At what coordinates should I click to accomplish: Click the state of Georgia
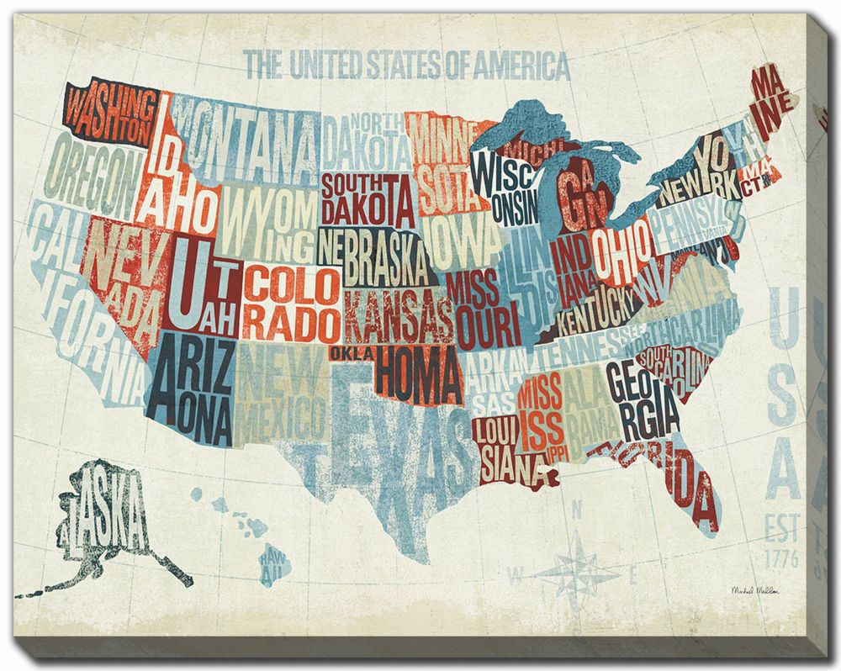[643, 399]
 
